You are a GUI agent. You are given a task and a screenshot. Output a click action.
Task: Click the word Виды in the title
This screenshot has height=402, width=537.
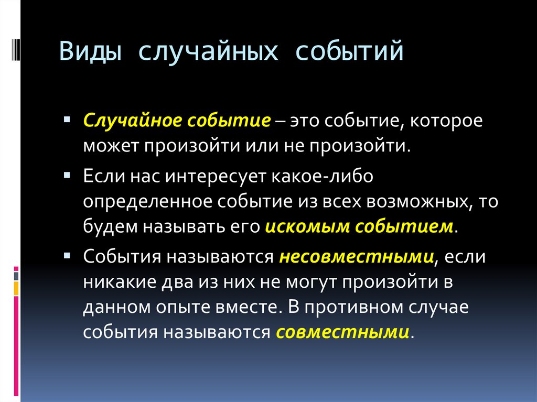click(90, 52)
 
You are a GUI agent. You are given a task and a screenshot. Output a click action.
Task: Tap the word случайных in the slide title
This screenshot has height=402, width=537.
click(207, 52)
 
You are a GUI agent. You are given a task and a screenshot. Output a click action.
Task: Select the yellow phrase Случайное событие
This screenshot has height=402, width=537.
click(176, 121)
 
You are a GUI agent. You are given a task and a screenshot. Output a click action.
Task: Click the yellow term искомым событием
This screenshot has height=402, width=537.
click(359, 226)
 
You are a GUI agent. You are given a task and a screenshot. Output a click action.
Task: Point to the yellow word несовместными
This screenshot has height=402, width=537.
click(357, 257)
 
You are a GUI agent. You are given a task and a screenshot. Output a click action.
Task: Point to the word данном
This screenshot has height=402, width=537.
click(115, 308)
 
